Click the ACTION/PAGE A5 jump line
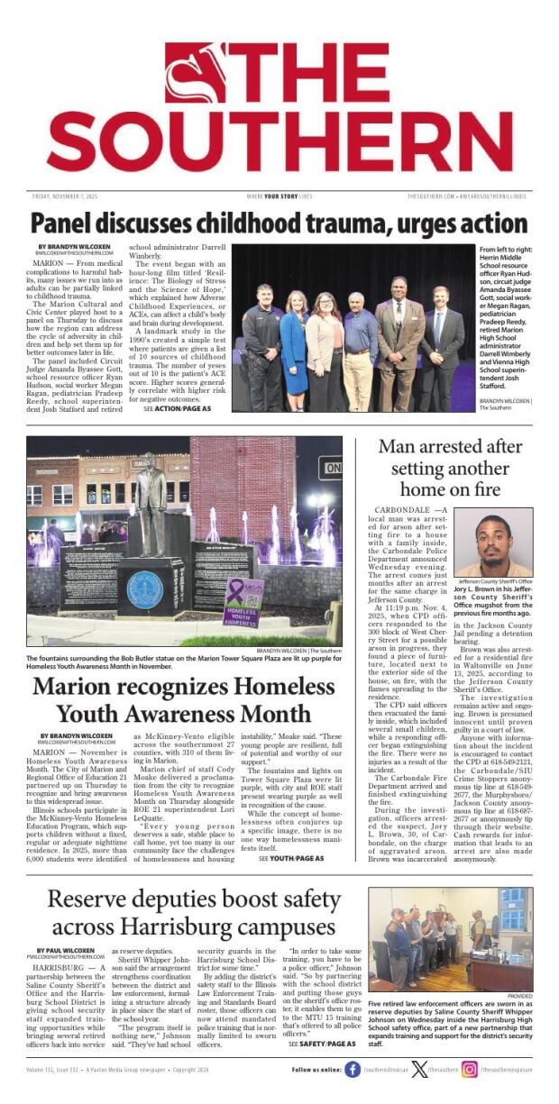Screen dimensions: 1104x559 pos(178,408)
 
